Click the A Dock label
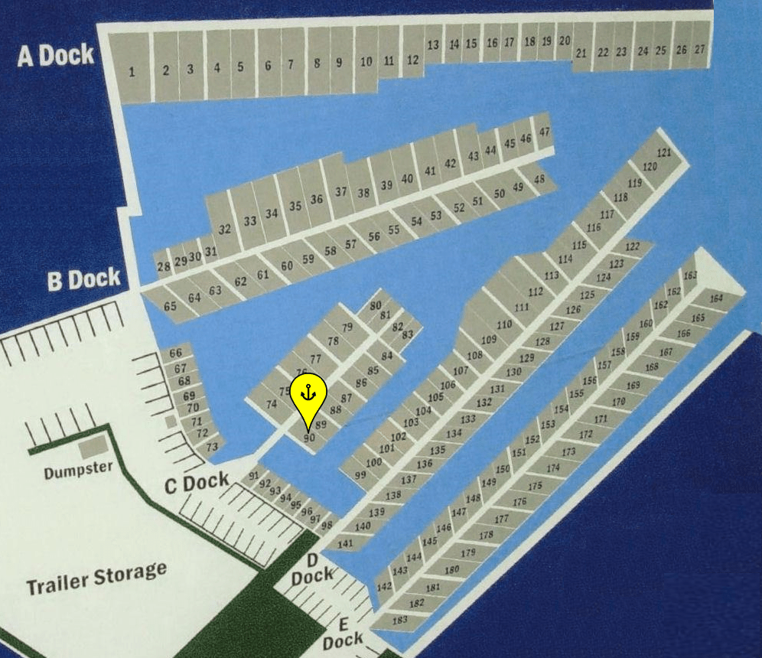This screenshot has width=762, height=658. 56,55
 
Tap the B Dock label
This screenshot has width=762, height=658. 83,280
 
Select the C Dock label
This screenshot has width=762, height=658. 197,482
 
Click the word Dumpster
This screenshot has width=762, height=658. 78,470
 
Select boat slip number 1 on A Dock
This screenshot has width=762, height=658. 132,73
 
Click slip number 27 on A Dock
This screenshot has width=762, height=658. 699,49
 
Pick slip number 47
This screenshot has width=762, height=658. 544,132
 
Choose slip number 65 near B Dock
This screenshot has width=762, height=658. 170,306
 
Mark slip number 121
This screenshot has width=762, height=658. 664,152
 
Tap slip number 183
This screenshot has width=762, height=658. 400,620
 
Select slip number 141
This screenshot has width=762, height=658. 345,543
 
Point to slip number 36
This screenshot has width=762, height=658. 317,200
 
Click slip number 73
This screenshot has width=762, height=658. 212,446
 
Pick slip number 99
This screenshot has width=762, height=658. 360,475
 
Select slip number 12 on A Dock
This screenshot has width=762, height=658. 413,60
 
